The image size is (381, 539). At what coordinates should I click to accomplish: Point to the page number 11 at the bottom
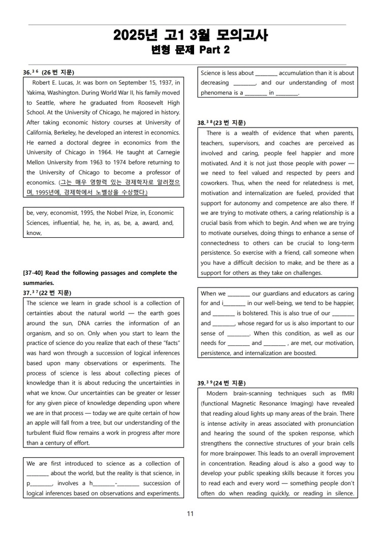coord(190,514)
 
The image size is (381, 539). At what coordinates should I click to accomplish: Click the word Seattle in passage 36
coord(38,103)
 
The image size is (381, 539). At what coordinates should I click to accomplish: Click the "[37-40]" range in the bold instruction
coord(34,273)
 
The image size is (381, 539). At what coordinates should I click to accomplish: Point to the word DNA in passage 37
coord(82,323)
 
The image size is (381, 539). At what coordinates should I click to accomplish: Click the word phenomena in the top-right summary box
coord(216,93)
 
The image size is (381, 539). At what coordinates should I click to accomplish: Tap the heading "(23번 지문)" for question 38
coord(229,123)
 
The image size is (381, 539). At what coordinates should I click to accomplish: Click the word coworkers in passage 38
coord(214,183)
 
